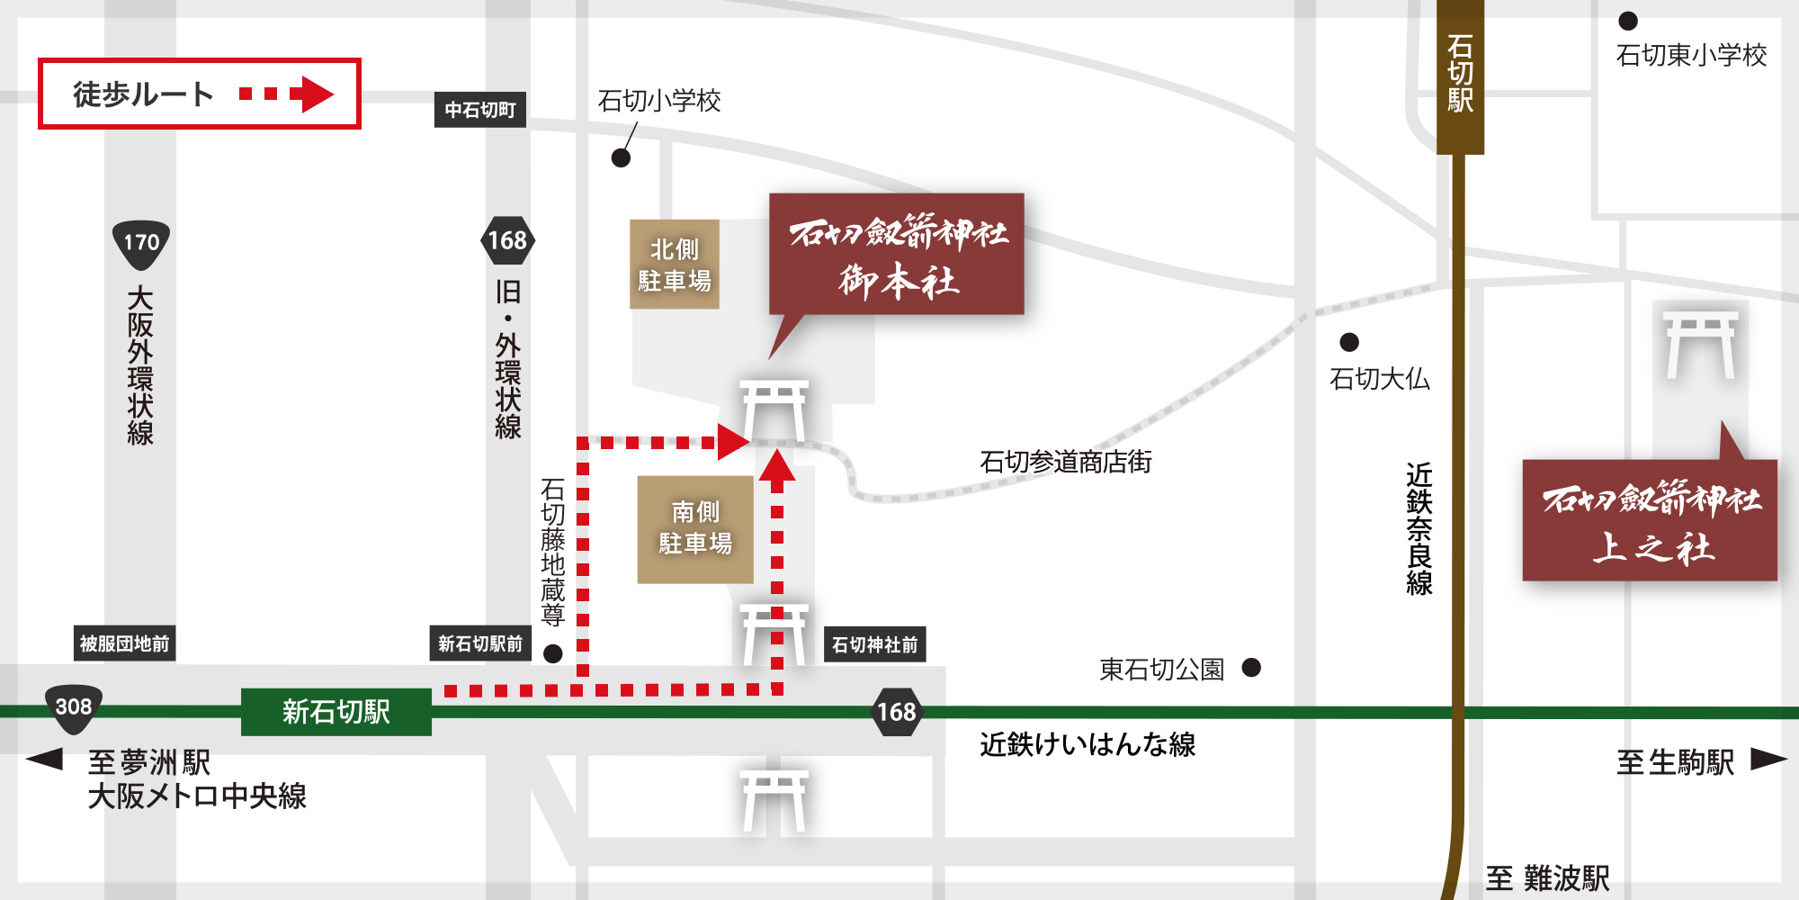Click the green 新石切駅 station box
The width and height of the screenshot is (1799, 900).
coord(336,712)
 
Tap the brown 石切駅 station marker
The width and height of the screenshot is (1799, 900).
coord(1460,76)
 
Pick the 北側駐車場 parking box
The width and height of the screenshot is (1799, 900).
coord(675,265)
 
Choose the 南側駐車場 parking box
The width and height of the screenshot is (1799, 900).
coord(695,528)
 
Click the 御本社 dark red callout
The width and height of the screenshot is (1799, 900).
coord(897,255)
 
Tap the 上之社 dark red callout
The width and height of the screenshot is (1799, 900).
coord(1650,520)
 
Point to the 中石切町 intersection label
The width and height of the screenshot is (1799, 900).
coord(480,110)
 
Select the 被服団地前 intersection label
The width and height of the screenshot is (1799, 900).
coord(124,643)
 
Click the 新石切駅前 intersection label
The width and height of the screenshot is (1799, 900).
coord(480,643)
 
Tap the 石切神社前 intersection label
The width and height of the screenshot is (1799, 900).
coord(874,644)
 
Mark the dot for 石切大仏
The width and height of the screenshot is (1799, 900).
coord(1349,342)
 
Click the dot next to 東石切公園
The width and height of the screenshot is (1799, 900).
coord(1251,668)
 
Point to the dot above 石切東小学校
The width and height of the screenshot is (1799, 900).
coord(1628,21)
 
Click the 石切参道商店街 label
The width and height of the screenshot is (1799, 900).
coord(1065,462)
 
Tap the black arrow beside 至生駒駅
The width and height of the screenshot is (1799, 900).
coord(1768,760)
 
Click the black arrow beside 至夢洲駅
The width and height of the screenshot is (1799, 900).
coord(45,759)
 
